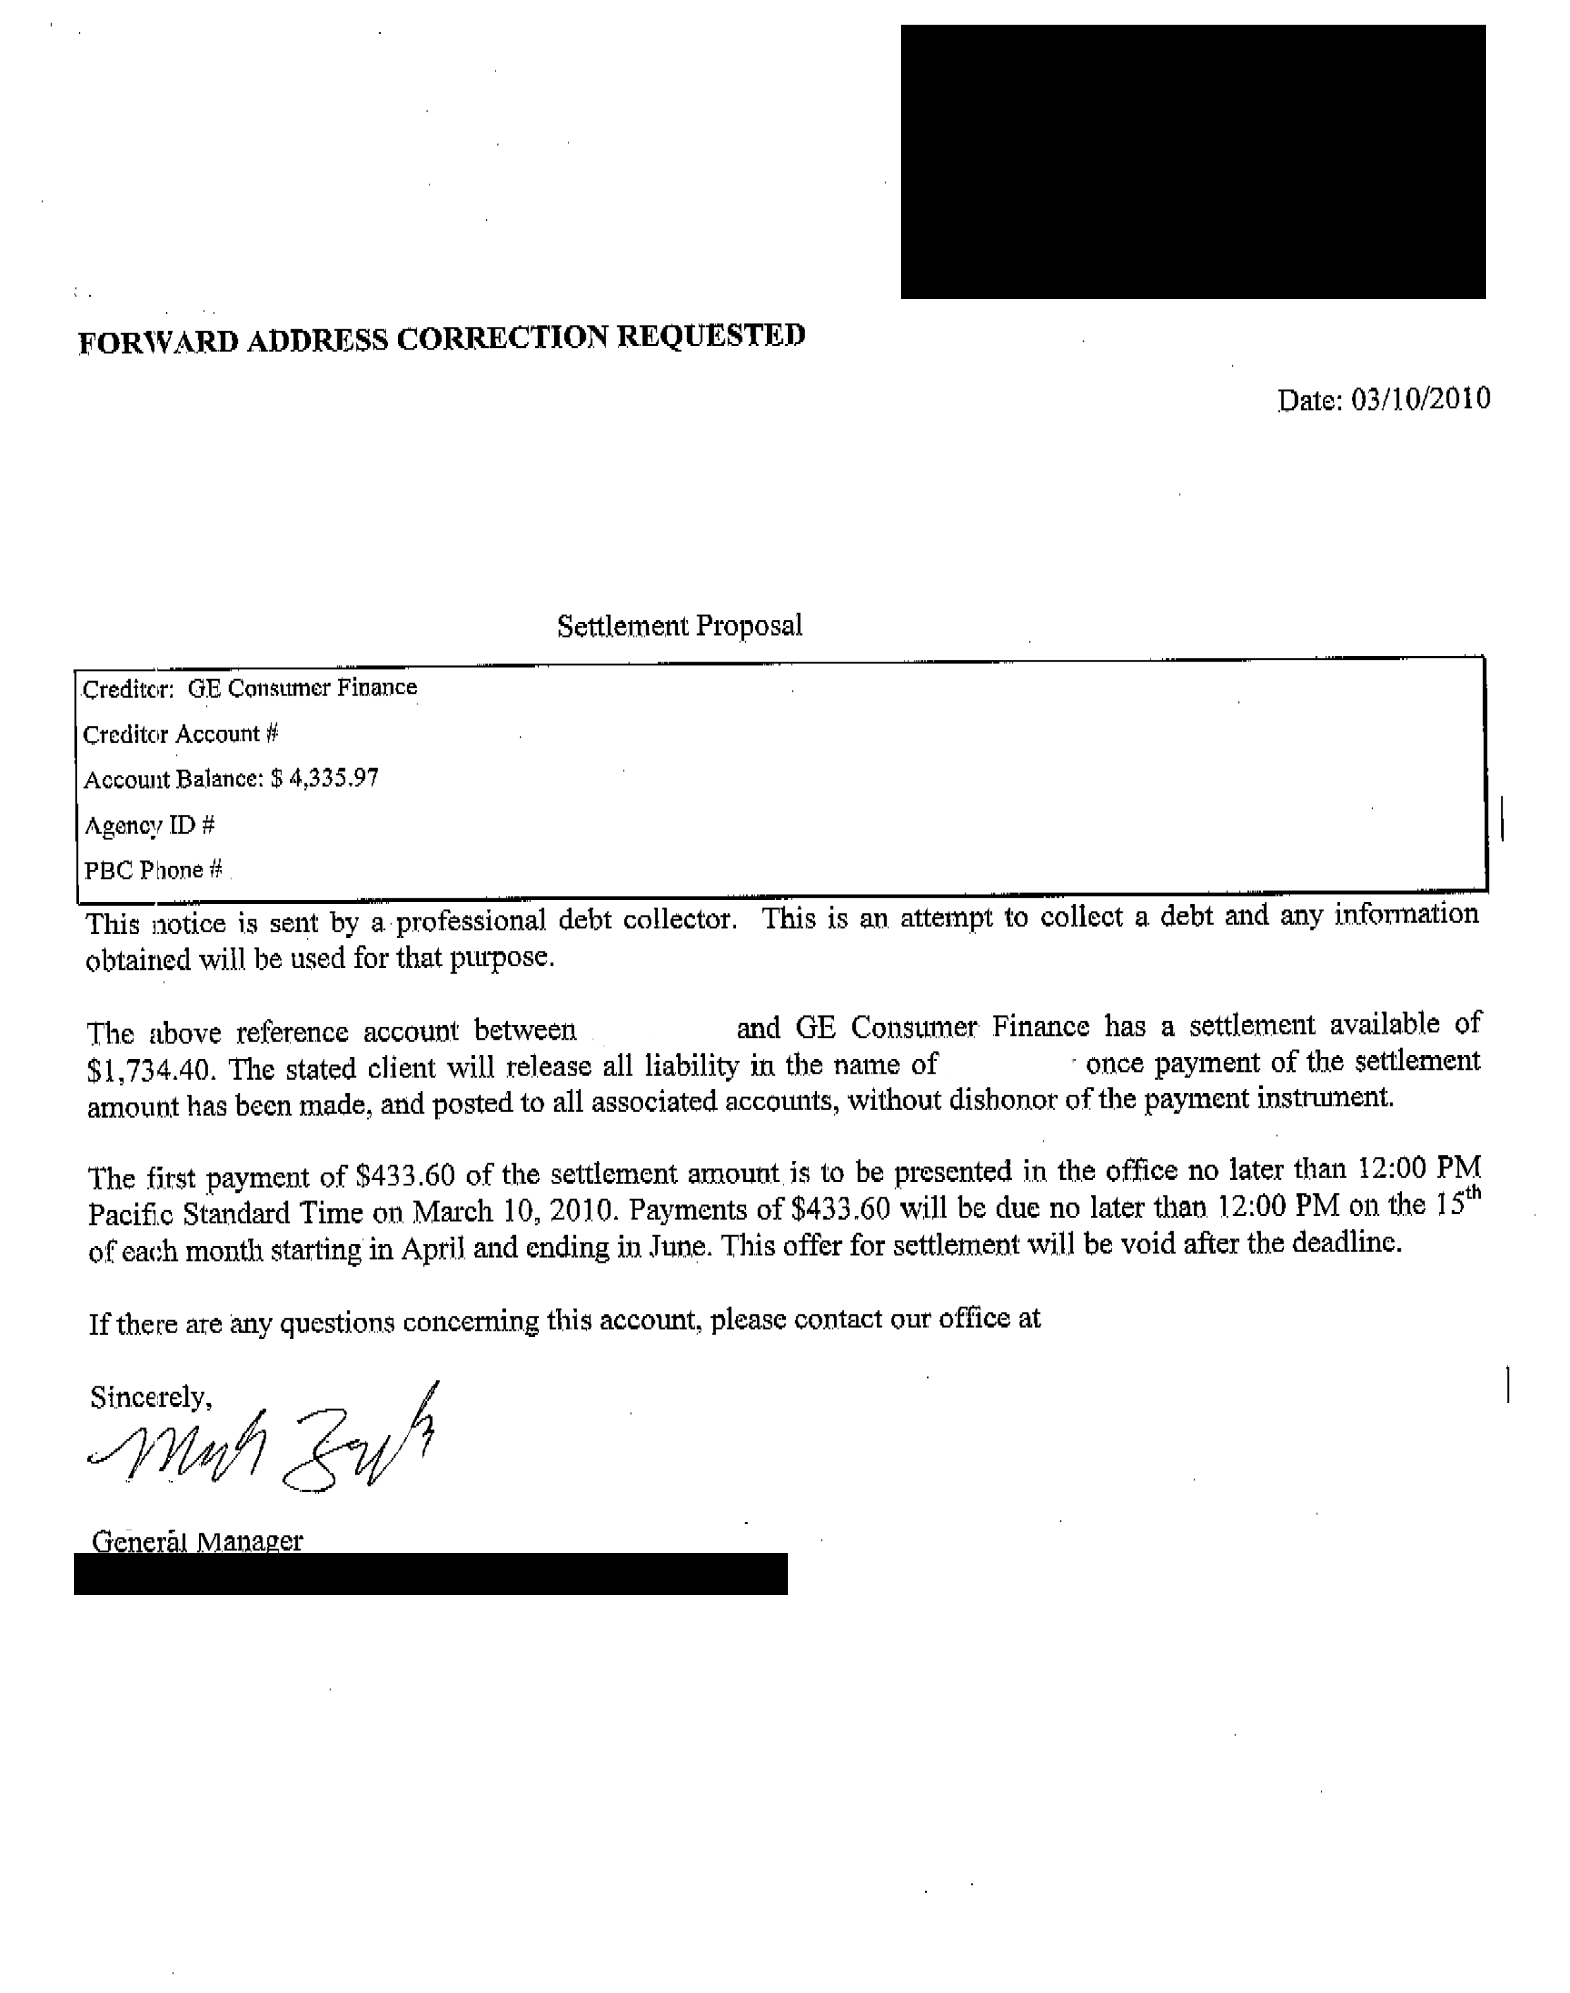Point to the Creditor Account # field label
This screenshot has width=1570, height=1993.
click(180, 734)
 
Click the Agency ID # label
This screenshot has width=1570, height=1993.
click(149, 825)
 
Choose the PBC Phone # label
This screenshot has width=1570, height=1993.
click(153, 870)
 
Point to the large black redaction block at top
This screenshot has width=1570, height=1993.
click(1192, 162)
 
